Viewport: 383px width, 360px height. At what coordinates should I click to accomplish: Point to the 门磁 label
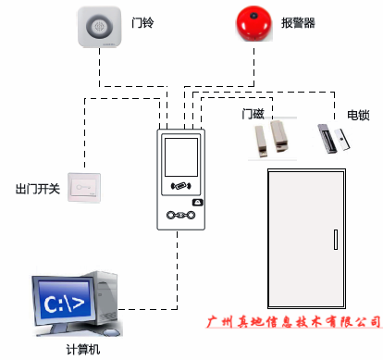coord(253,114)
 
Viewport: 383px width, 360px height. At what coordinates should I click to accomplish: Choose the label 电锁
coord(357,115)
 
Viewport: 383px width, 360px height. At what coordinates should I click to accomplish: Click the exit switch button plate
coord(84,189)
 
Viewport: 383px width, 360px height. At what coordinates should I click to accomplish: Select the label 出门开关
coord(38,189)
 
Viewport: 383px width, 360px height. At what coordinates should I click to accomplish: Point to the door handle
coord(332,238)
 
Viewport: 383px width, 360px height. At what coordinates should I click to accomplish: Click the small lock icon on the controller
coord(196,202)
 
